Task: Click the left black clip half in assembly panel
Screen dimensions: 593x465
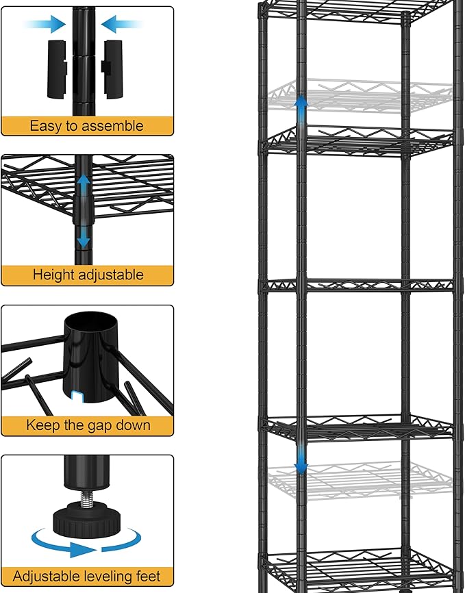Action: click(56, 68)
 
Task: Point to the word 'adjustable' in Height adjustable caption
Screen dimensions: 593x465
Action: click(111, 275)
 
